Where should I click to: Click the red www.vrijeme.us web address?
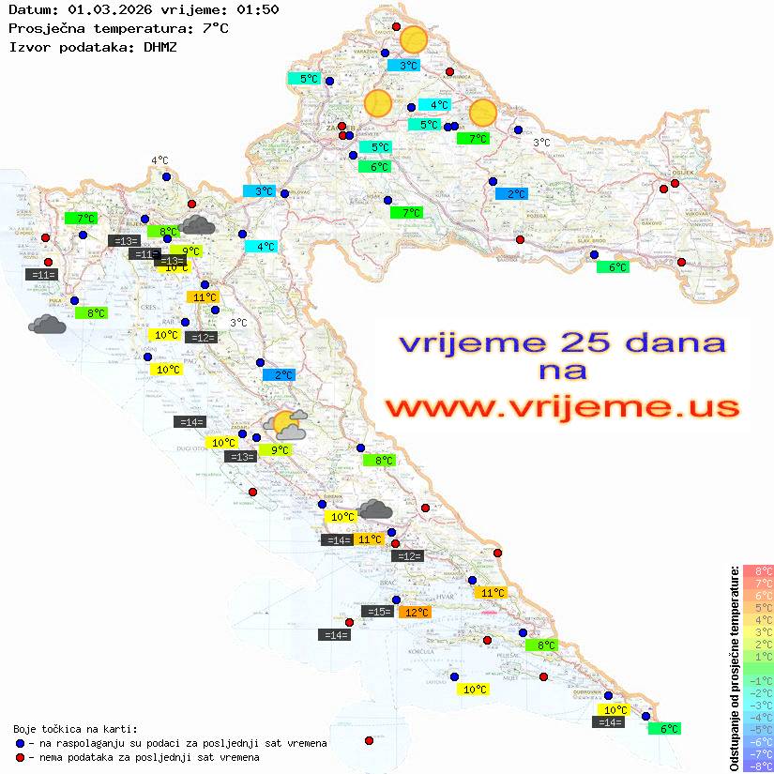(562, 407)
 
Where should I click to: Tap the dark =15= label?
(377, 612)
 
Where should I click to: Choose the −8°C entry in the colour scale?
(757, 766)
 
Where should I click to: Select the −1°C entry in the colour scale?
(757, 680)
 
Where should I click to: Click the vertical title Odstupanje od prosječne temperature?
(735, 668)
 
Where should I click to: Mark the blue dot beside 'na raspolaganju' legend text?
(20, 743)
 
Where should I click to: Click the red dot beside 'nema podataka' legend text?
(20, 757)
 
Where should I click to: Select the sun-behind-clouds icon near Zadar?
(286, 425)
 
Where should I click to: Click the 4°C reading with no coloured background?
(159, 160)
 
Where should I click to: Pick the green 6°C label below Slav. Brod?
(613, 267)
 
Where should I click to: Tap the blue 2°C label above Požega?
(512, 194)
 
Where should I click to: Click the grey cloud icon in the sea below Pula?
(47, 325)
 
